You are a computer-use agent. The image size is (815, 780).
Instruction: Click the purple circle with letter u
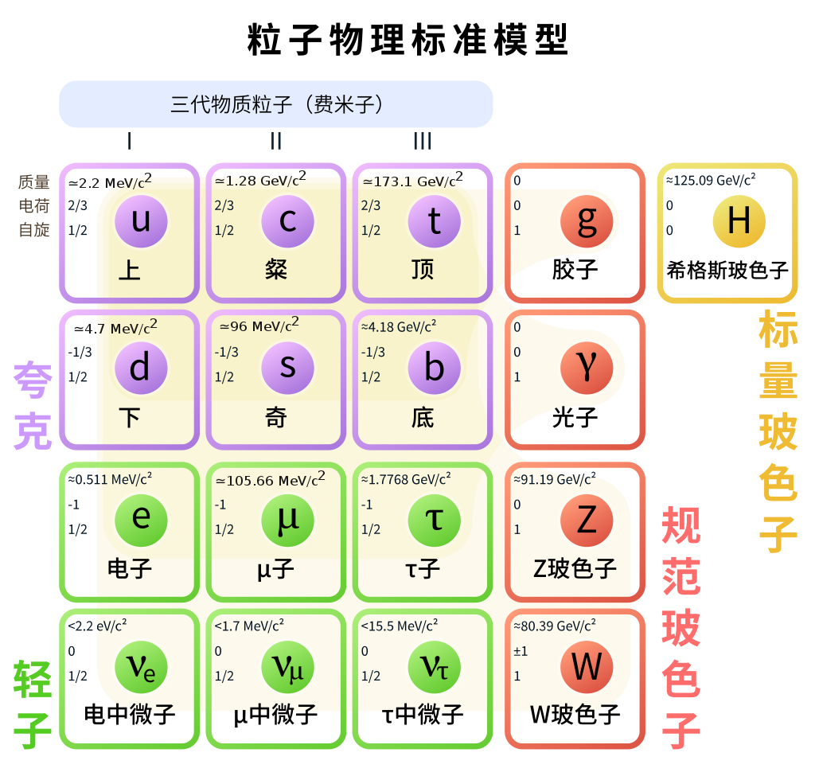coord(141,220)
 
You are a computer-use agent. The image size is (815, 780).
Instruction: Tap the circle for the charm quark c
coord(287,220)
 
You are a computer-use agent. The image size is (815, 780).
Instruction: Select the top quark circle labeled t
coord(434,220)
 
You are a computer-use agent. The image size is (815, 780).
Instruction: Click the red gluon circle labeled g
coord(587,220)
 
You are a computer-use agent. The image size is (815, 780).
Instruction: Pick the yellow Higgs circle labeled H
coord(739,220)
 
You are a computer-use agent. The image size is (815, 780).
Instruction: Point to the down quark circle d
coord(141,368)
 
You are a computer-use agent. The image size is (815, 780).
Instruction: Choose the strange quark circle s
coord(287,368)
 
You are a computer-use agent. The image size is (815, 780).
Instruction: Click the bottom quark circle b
coord(434,368)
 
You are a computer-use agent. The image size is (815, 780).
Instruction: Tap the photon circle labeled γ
coord(587,368)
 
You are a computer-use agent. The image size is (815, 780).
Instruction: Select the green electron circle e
coord(141,519)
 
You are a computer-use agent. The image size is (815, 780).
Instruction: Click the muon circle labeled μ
coord(287,519)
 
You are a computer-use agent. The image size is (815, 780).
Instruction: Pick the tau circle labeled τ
coord(434,519)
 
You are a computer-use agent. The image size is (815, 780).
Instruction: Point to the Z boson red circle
coord(587,519)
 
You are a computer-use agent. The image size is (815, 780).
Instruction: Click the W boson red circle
coord(587,666)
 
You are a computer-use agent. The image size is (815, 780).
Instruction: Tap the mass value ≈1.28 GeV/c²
coord(259,181)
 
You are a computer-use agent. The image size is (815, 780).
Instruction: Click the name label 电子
coord(130,568)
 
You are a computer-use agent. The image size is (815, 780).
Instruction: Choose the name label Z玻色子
coord(575,568)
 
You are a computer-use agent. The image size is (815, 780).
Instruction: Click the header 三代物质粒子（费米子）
coord(276,104)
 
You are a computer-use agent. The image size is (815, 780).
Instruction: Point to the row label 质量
coord(33,182)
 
